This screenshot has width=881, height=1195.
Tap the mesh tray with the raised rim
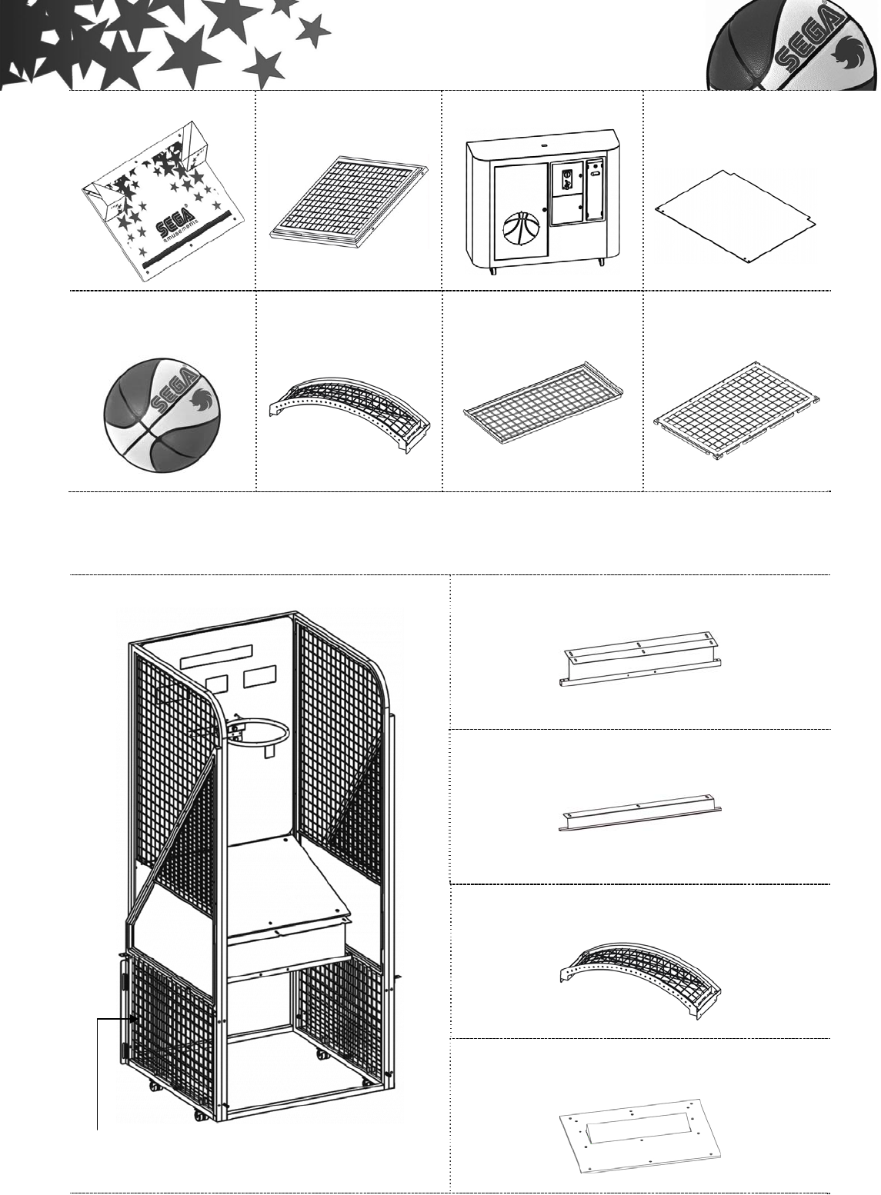[x=543, y=414]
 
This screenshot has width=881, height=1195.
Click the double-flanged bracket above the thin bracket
[x=640, y=658]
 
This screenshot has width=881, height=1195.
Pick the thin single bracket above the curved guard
[x=640, y=812]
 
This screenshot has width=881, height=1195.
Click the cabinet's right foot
[x=601, y=264]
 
